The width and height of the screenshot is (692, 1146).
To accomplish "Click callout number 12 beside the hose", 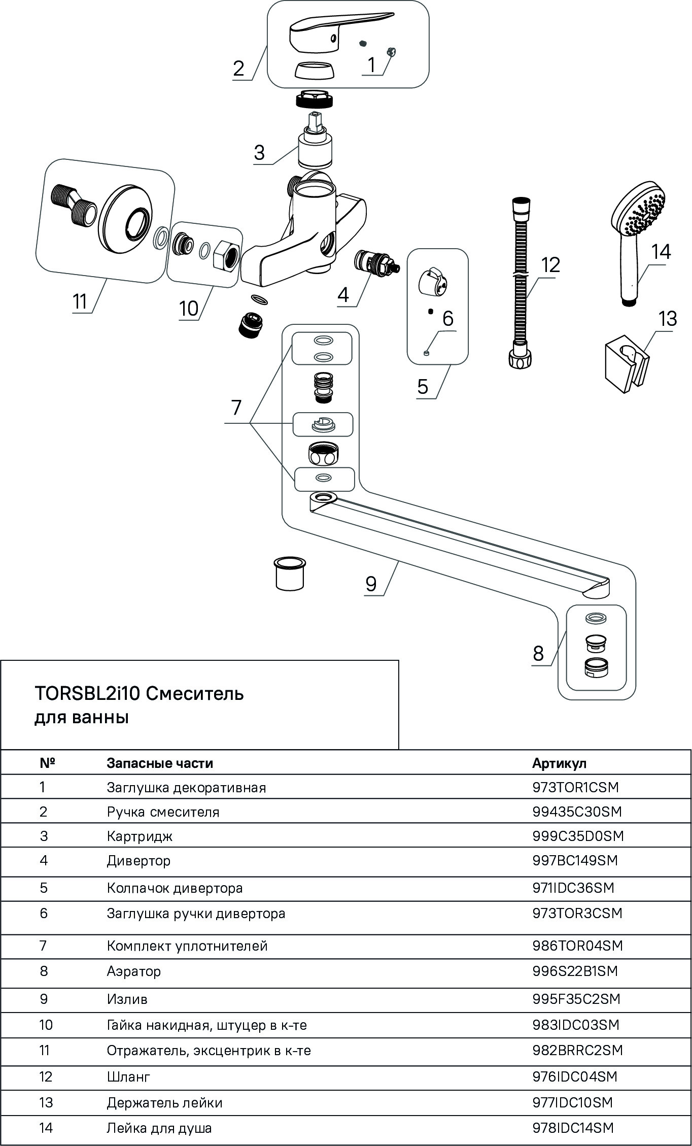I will (x=550, y=265).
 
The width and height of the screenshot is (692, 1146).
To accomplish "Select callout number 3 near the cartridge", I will (x=259, y=152).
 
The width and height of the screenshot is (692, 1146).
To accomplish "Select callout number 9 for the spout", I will (x=371, y=584).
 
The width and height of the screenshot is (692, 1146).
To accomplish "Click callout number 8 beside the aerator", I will (x=538, y=653).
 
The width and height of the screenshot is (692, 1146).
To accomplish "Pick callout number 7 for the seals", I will (x=236, y=408).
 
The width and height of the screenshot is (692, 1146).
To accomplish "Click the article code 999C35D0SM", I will (x=578, y=836).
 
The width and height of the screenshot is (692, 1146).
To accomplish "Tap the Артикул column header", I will (x=559, y=763).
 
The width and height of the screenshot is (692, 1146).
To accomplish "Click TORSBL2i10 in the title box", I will (x=87, y=693).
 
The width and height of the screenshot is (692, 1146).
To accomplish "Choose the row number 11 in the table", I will (x=45, y=1050).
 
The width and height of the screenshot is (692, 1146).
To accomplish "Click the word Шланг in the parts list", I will (x=128, y=1076).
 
